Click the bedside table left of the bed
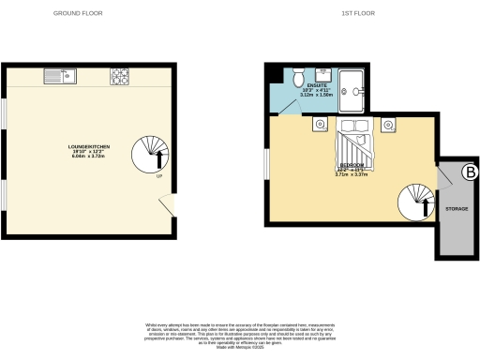coord(320,124)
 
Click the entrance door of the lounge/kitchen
coord(167,205)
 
